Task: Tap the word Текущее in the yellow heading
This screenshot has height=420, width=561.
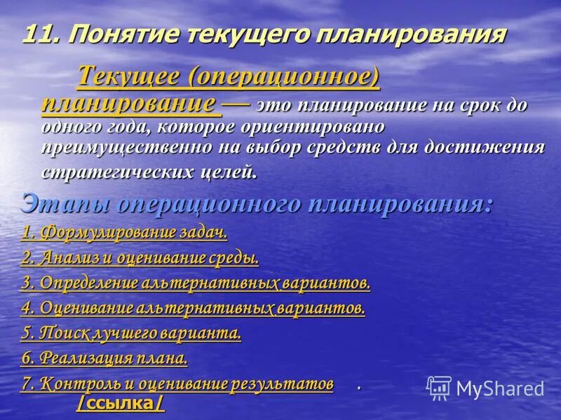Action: click(130, 76)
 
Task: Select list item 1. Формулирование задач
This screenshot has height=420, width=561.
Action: click(124, 232)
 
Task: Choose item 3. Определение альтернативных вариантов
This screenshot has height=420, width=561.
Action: click(195, 283)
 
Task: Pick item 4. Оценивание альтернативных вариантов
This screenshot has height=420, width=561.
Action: click(193, 308)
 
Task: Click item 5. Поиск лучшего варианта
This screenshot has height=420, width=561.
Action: click(131, 333)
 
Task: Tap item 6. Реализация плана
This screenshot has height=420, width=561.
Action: click(104, 358)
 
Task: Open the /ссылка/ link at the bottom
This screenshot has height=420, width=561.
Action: click(121, 404)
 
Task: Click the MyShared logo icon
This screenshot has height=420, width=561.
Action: click(439, 387)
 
